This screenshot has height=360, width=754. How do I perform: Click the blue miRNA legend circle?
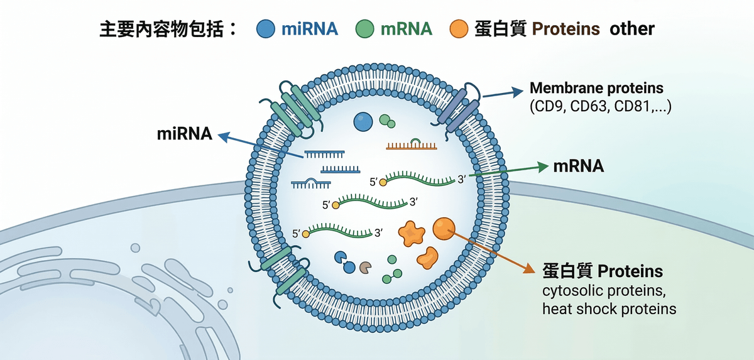pos(266,28)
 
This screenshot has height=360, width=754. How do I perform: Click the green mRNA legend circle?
pos(364,28)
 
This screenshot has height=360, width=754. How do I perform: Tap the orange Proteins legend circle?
pos(461,28)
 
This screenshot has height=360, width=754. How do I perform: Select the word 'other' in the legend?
pos(632,28)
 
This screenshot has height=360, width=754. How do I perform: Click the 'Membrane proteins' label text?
pos(596,88)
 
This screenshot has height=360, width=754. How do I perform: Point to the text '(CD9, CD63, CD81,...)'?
pos(601,107)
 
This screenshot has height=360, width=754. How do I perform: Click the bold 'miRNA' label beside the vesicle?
pos(184,134)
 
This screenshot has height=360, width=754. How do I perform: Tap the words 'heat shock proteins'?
pos(609,308)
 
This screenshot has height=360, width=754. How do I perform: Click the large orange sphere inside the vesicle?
pos(444,229)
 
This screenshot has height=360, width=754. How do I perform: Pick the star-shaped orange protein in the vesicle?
pos(412,233)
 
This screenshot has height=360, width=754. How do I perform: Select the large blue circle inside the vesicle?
pos(363,121)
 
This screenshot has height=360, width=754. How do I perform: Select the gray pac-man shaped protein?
pos(365,268)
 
